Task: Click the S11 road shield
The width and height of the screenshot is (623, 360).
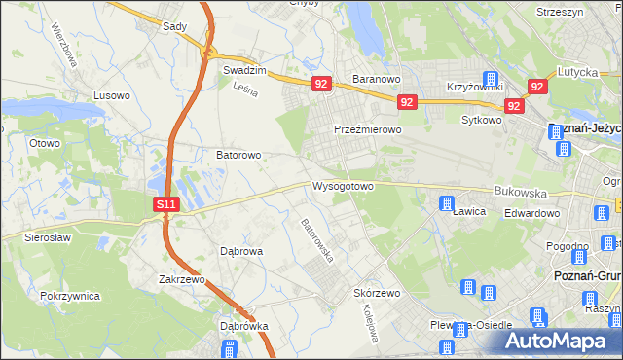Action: pyautogui.click(x=167, y=204)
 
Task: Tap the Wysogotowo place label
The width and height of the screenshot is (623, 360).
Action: pyautogui.click(x=343, y=186)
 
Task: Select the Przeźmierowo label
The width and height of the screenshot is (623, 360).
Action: pyautogui.click(x=368, y=129)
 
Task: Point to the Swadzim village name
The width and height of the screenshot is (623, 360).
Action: pyautogui.click(x=244, y=71)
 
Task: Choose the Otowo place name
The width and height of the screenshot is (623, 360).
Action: pyautogui.click(x=45, y=143)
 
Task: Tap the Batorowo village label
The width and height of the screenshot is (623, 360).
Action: pyautogui.click(x=238, y=155)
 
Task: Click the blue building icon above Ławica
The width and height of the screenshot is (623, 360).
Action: pyautogui.click(x=447, y=204)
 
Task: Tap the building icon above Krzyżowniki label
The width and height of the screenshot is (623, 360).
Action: pyautogui.click(x=491, y=80)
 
